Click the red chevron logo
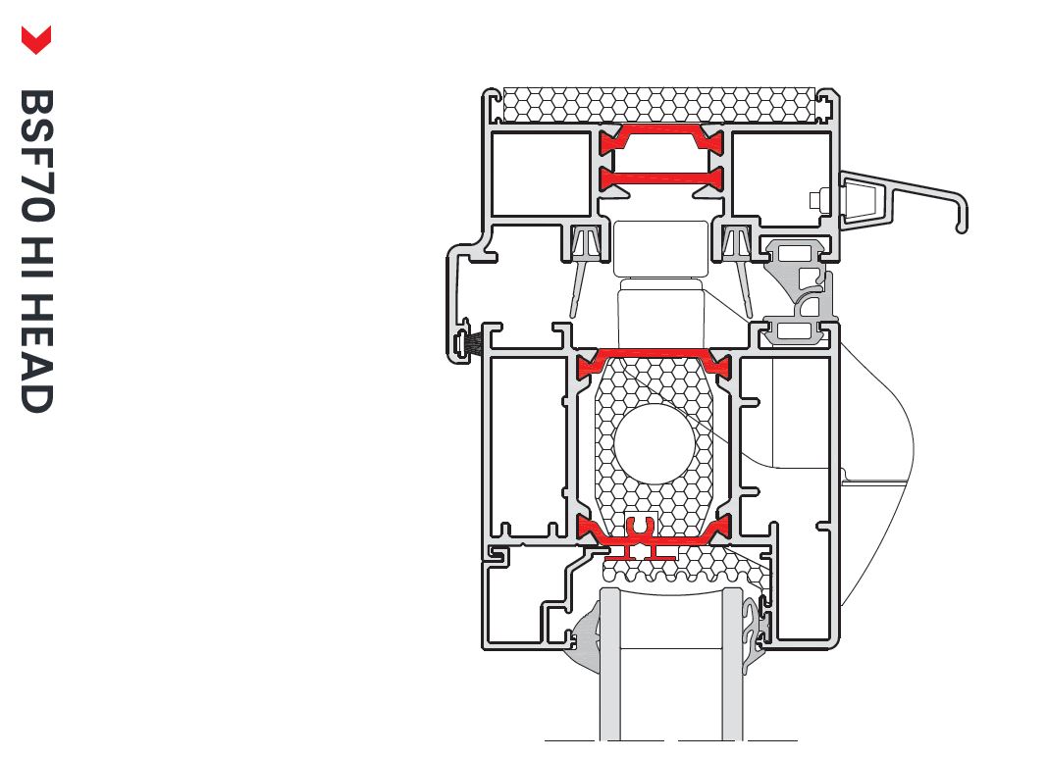[x=36, y=40]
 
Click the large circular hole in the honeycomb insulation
[x=655, y=444]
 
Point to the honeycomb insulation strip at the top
[x=658, y=106]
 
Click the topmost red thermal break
[x=661, y=139]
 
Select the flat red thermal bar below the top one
[x=661, y=178]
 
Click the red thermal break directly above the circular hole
[x=655, y=362]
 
